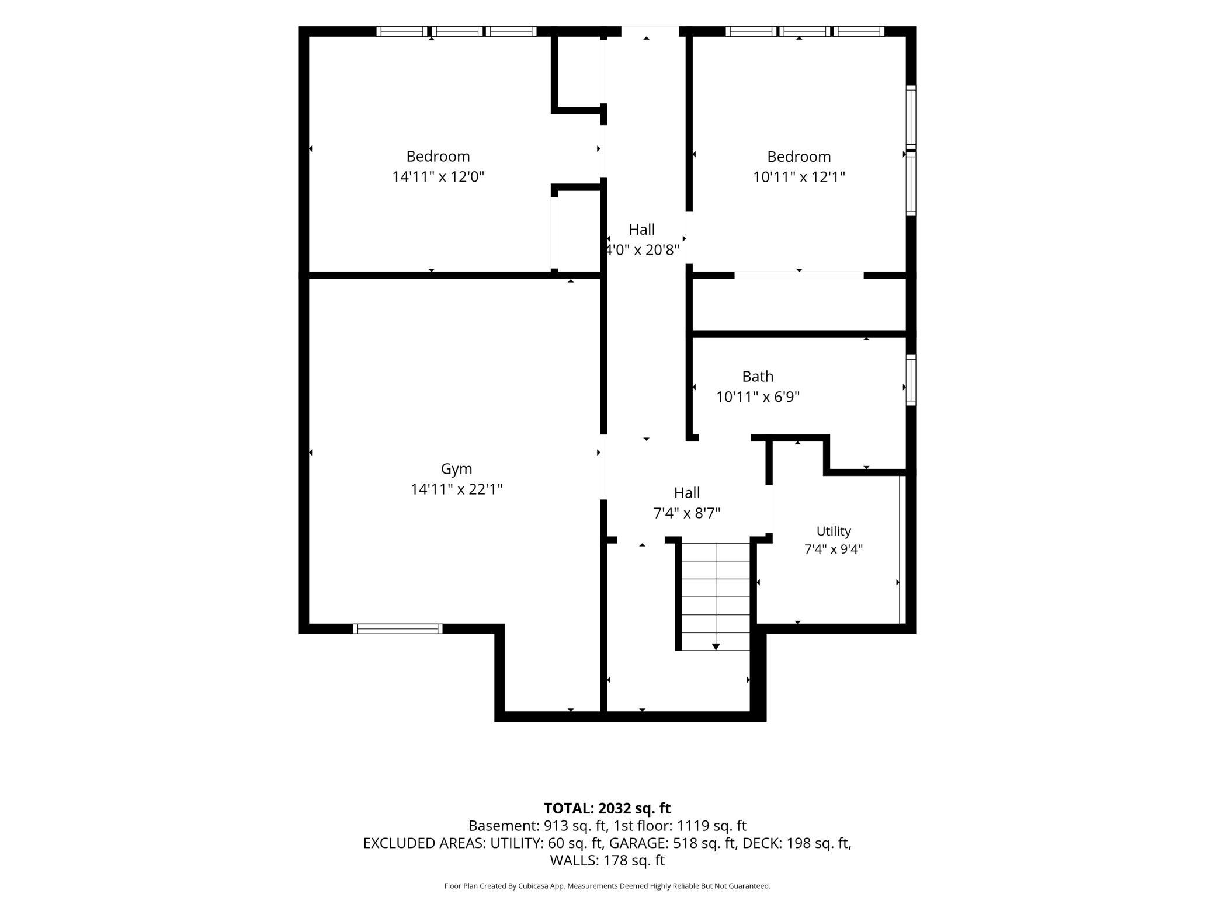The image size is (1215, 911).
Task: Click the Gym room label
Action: click(456, 470)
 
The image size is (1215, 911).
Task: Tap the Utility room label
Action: click(834, 531)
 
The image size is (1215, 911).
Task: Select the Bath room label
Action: click(758, 377)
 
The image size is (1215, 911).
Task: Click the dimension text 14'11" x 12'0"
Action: click(438, 176)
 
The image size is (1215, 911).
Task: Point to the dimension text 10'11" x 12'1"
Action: click(799, 176)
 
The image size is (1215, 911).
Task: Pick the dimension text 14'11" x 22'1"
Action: click(456, 489)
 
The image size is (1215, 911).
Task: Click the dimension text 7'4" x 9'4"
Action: click(834, 550)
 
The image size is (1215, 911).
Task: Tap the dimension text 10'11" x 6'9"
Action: click(758, 397)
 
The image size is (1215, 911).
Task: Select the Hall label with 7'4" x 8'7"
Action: click(687, 493)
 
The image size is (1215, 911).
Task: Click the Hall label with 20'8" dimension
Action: click(641, 230)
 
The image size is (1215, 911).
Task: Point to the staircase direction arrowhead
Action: click(716, 646)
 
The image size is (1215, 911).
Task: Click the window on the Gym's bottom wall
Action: click(398, 629)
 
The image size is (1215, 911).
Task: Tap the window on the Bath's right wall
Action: click(911, 380)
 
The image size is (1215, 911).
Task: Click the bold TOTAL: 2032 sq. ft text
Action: click(607, 808)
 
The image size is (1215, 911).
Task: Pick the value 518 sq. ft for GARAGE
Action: click(704, 843)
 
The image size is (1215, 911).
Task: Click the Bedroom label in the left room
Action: click(438, 157)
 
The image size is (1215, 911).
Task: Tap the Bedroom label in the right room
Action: click(799, 157)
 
